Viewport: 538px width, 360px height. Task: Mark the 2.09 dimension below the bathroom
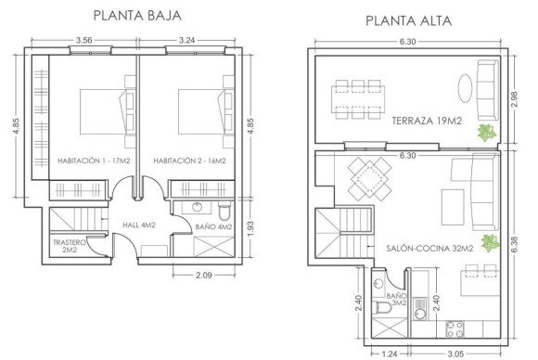click(206, 276)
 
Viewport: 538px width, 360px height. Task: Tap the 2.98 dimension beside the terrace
click(516, 100)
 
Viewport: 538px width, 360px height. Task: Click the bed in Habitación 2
click(198, 109)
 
